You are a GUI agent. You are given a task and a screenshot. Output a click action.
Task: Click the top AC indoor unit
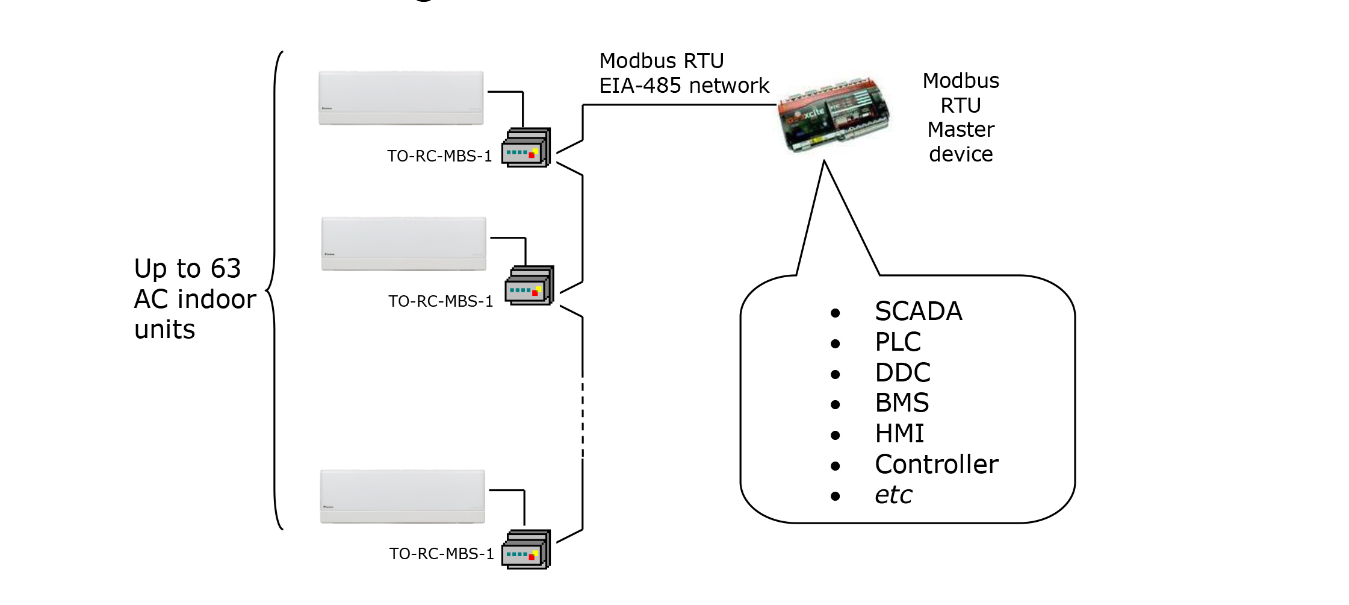(x=401, y=98)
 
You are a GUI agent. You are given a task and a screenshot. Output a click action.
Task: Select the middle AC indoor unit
(x=403, y=244)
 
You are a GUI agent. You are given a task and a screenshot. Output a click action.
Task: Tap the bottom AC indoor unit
(x=402, y=497)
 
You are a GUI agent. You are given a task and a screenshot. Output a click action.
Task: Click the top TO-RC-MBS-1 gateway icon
(x=526, y=148)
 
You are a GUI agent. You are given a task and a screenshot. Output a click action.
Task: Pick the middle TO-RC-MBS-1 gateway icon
(x=529, y=286)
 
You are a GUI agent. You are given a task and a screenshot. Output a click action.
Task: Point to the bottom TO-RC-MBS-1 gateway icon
(x=526, y=549)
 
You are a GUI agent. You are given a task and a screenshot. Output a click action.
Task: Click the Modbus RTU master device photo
(x=834, y=114)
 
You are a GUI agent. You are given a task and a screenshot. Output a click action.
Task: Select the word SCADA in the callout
(x=919, y=312)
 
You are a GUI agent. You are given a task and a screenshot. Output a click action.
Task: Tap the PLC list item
(x=898, y=342)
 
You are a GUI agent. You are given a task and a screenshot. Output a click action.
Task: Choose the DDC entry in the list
(x=903, y=373)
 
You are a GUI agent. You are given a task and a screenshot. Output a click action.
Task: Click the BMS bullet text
(x=902, y=403)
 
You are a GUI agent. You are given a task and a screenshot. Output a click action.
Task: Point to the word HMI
(x=900, y=434)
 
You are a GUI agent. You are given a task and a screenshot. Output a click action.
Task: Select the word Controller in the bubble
(x=937, y=465)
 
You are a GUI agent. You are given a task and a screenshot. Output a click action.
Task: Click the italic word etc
(x=894, y=495)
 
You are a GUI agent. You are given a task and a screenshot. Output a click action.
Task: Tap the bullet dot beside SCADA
(x=835, y=313)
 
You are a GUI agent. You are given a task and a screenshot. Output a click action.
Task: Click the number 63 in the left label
(x=226, y=269)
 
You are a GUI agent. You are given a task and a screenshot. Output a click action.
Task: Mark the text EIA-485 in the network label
(x=640, y=86)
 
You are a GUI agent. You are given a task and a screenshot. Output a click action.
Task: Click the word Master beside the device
(x=961, y=130)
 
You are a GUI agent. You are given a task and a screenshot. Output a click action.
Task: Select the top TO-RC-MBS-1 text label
(x=439, y=156)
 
